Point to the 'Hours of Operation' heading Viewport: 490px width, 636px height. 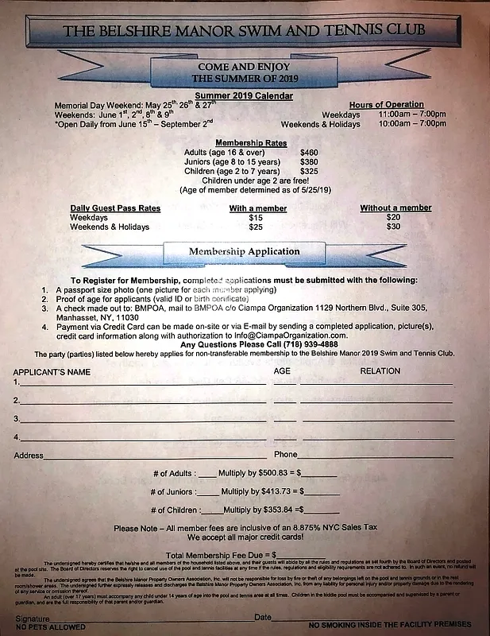point(386,105)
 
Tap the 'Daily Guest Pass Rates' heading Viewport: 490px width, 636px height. point(115,208)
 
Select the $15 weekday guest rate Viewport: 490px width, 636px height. point(256,217)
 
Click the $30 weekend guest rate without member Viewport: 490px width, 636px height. point(393,227)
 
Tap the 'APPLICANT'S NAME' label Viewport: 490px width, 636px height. point(51,371)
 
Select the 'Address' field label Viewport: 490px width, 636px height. point(29,455)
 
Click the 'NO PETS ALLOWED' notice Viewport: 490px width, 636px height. point(49,626)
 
